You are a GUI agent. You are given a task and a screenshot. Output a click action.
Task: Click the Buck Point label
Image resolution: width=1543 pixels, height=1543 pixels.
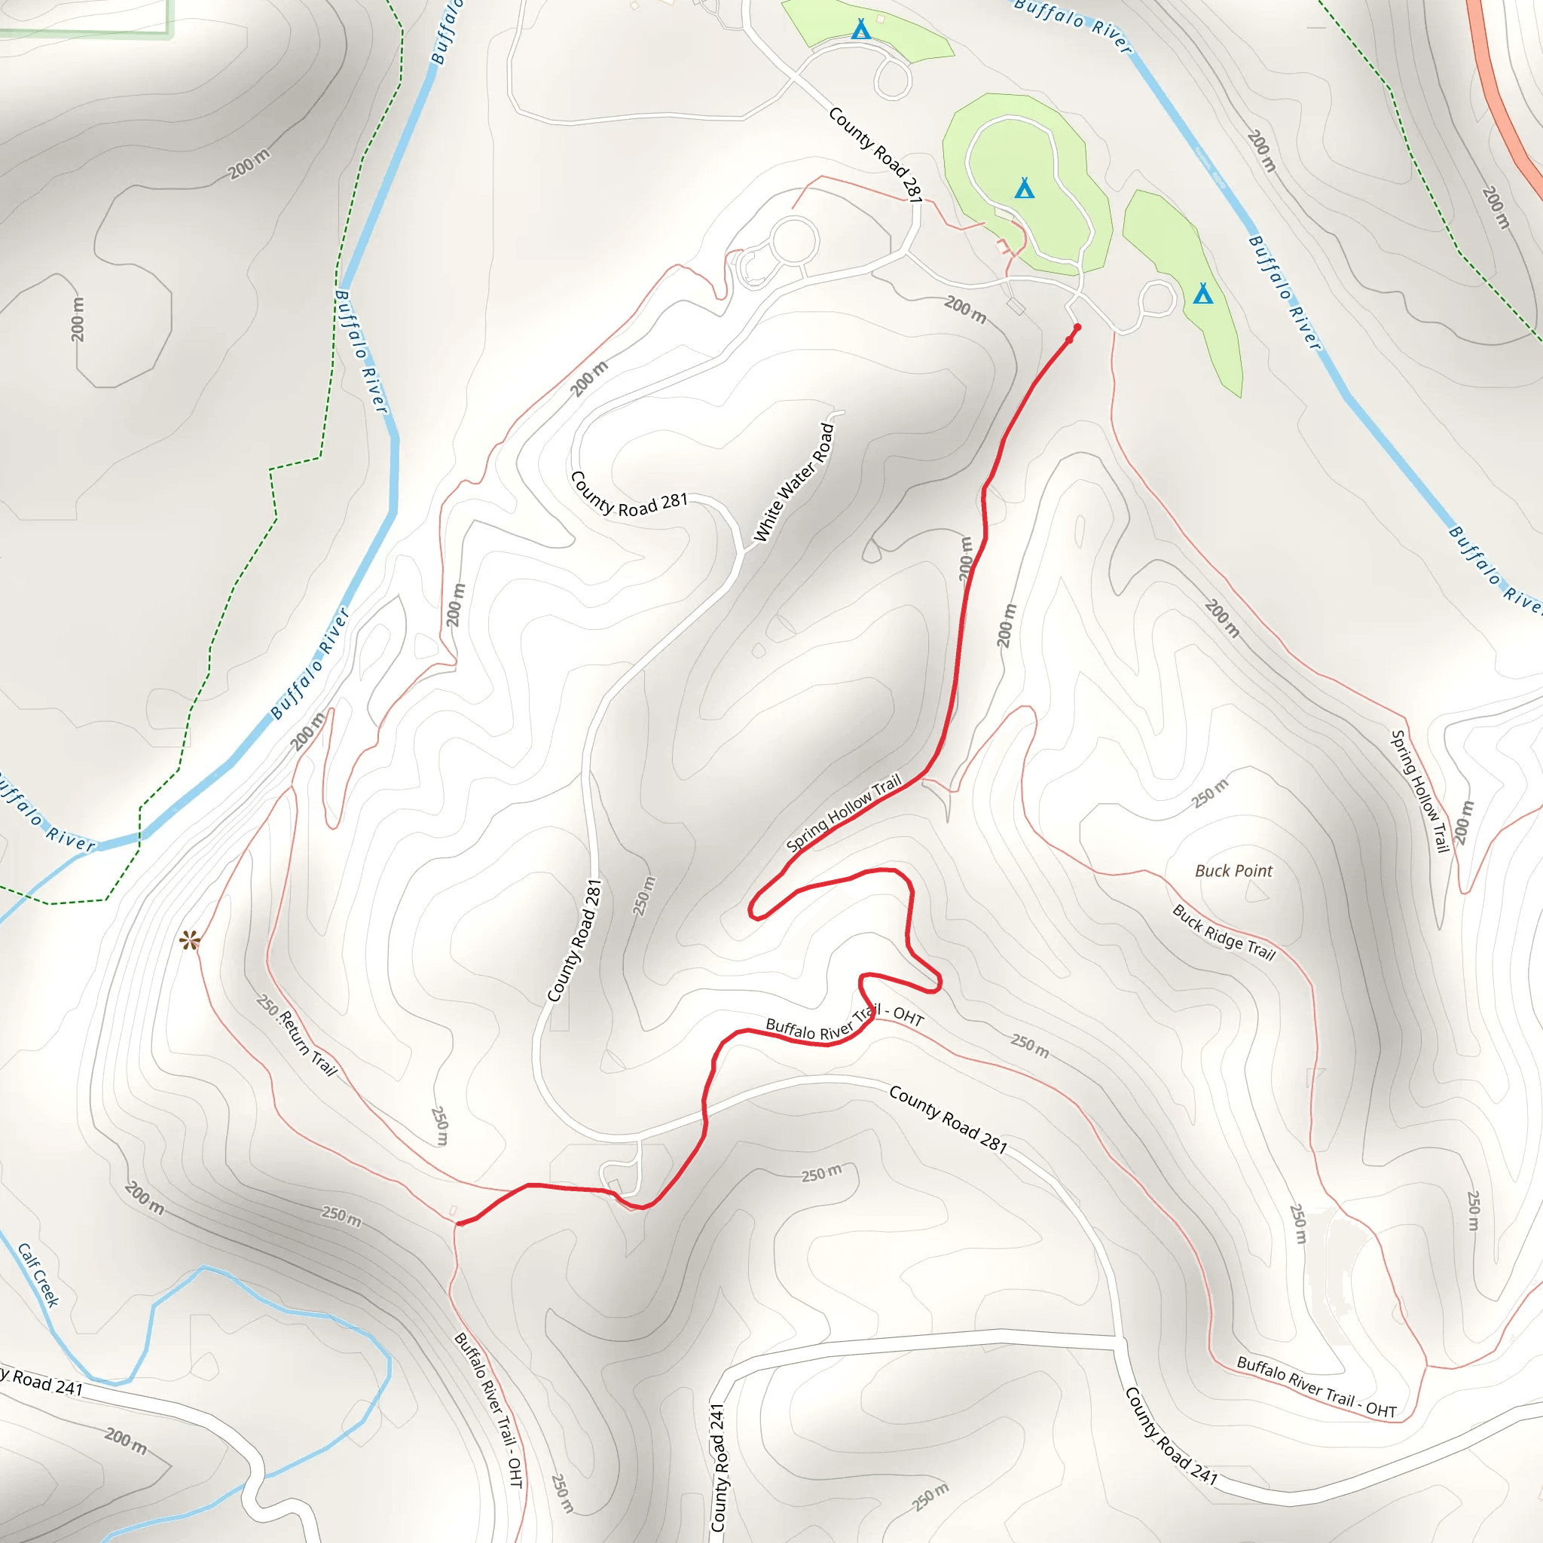[x=1233, y=870]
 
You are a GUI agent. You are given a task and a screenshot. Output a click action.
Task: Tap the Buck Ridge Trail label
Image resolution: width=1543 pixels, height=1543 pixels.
[x=1224, y=932]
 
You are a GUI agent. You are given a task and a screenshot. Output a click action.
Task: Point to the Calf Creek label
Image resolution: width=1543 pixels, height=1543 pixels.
[x=38, y=1275]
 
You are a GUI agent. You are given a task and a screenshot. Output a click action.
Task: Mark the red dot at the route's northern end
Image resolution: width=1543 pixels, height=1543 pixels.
[x=1077, y=328]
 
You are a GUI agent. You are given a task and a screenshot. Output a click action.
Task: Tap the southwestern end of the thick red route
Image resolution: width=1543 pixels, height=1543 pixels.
[x=460, y=1223]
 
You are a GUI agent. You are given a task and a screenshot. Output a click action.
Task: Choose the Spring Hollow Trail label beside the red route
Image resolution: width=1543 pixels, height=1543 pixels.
[x=843, y=812]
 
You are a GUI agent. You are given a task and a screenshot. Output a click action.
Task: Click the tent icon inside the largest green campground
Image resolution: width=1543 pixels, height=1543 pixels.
[x=1025, y=188]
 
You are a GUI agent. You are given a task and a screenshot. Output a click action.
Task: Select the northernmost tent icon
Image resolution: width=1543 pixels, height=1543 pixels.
[x=860, y=29]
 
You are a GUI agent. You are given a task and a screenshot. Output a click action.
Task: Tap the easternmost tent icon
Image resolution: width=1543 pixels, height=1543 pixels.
[x=1202, y=293]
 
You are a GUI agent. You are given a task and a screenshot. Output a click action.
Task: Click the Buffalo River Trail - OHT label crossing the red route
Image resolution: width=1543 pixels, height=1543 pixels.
[x=844, y=1025]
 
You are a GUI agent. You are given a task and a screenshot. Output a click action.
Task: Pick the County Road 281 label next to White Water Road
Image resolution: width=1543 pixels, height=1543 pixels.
[x=628, y=495]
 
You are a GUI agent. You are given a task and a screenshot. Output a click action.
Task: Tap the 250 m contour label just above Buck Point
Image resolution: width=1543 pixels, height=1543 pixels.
[x=1209, y=793]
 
